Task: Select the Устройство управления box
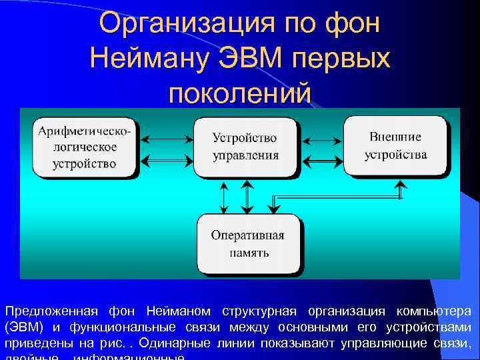[x=245, y=147]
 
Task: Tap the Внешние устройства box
[x=396, y=145]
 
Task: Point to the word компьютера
[x=434, y=311]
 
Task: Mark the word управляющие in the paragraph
[x=376, y=343]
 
